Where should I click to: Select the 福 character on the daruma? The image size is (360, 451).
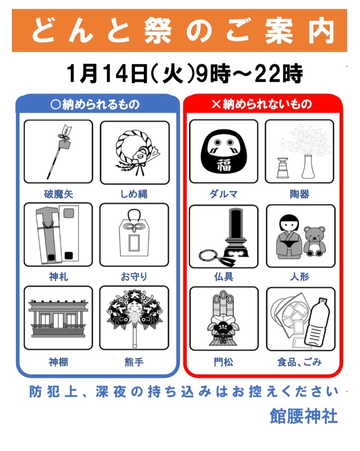tap(224, 165)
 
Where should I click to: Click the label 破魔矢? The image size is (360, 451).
tap(59, 194)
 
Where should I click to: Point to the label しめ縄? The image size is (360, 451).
tap(134, 194)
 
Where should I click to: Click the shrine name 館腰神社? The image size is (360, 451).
tap(303, 416)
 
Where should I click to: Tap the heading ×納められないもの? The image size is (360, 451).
tap(262, 104)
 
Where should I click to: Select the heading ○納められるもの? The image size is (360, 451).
tap(95, 104)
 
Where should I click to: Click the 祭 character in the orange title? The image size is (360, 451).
tap(158, 31)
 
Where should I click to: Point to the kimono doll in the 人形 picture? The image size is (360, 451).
tap(289, 237)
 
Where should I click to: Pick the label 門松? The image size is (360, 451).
tap(223, 362)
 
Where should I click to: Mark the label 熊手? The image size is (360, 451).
tap(134, 362)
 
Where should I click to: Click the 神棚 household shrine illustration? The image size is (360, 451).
tap(59, 318)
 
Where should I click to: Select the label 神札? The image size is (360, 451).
tap(59, 277)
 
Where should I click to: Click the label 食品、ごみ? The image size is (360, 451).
tap(300, 362)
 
